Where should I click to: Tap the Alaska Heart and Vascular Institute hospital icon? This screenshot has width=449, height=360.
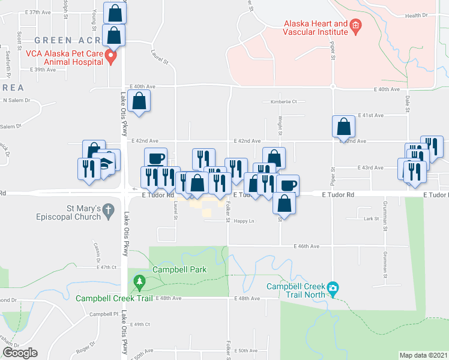coord(355,25)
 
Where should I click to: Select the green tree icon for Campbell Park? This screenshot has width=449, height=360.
coord(140,281)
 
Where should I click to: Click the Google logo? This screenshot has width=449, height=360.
coord(20,353)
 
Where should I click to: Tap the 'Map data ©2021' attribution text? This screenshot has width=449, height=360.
coord(423,355)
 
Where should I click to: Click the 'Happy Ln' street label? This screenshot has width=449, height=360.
coord(244,221)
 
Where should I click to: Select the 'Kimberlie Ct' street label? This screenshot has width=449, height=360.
coord(283,101)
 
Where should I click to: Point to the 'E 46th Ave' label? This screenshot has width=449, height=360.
coord(307,246)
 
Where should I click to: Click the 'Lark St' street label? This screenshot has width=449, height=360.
coord(369,219)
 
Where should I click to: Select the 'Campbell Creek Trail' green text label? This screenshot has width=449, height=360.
coord(112,298)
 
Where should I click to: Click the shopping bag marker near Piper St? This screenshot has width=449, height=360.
coord(343,127)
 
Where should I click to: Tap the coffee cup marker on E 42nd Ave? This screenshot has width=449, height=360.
coord(156,158)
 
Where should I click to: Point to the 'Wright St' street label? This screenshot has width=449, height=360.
coord(280,126)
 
